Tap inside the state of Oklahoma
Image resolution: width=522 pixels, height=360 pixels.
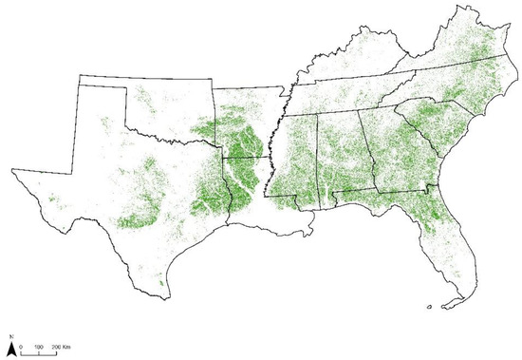point(171,119)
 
